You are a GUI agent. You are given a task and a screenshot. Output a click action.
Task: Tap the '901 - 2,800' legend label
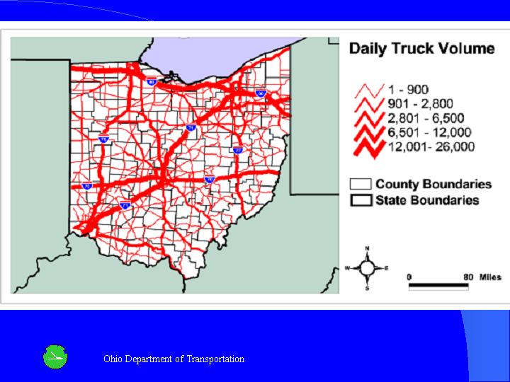point(420,104)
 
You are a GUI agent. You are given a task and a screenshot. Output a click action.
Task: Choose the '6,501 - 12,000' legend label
point(429,132)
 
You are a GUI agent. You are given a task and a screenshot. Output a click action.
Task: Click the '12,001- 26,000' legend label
point(431,147)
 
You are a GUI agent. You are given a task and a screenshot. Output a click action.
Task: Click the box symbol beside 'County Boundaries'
point(361,185)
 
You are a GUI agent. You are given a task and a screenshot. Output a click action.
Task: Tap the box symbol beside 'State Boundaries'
point(361,200)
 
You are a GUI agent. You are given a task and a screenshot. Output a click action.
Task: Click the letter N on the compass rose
point(367,249)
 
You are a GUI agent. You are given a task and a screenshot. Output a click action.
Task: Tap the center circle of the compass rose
point(367,268)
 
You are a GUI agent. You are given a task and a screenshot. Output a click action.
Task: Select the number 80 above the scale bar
point(468,276)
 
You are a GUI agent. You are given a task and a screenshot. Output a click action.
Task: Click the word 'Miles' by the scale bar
point(490,276)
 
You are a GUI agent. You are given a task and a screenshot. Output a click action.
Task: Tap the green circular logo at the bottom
point(56,357)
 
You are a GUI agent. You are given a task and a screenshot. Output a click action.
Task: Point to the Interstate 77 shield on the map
point(237,150)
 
